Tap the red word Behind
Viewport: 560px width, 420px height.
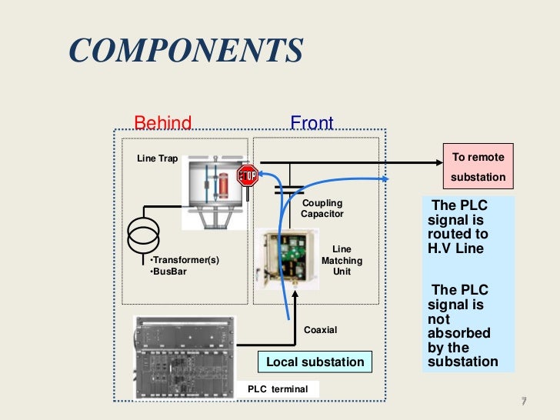pos(162,123)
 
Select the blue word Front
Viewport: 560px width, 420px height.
pos(312,123)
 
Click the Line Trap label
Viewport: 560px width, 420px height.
pos(157,158)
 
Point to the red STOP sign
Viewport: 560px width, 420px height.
pos(248,176)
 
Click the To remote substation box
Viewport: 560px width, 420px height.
pos(478,167)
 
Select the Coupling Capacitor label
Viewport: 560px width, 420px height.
pos(322,208)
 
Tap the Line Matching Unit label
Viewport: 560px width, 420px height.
pos(342,261)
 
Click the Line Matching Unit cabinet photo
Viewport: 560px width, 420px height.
pos(291,258)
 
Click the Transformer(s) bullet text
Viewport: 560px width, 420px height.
pos(185,260)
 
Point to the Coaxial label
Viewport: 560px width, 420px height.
pos(321,330)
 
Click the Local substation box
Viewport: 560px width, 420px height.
pos(314,362)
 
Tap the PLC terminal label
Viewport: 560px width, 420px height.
pos(278,389)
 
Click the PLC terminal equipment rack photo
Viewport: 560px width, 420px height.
pos(185,355)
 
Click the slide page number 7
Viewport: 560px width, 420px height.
pos(523,402)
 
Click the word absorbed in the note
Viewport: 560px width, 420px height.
pos(458,334)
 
